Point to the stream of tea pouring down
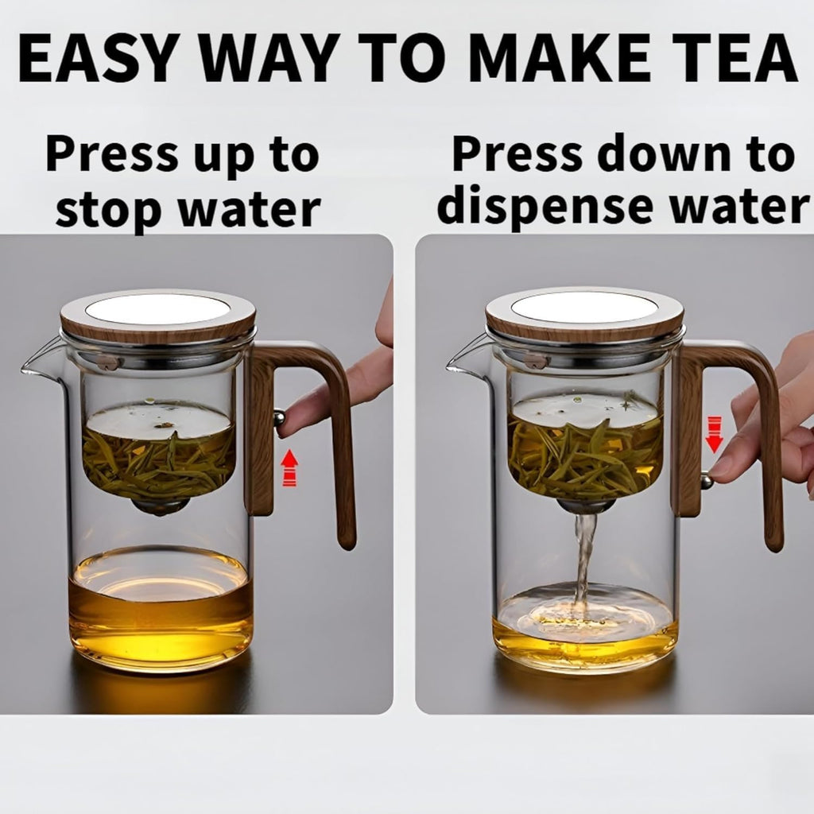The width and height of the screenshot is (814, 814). tap(584, 556)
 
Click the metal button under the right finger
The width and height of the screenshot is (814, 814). tap(706, 479)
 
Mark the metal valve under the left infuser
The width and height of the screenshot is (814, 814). tap(159, 506)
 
